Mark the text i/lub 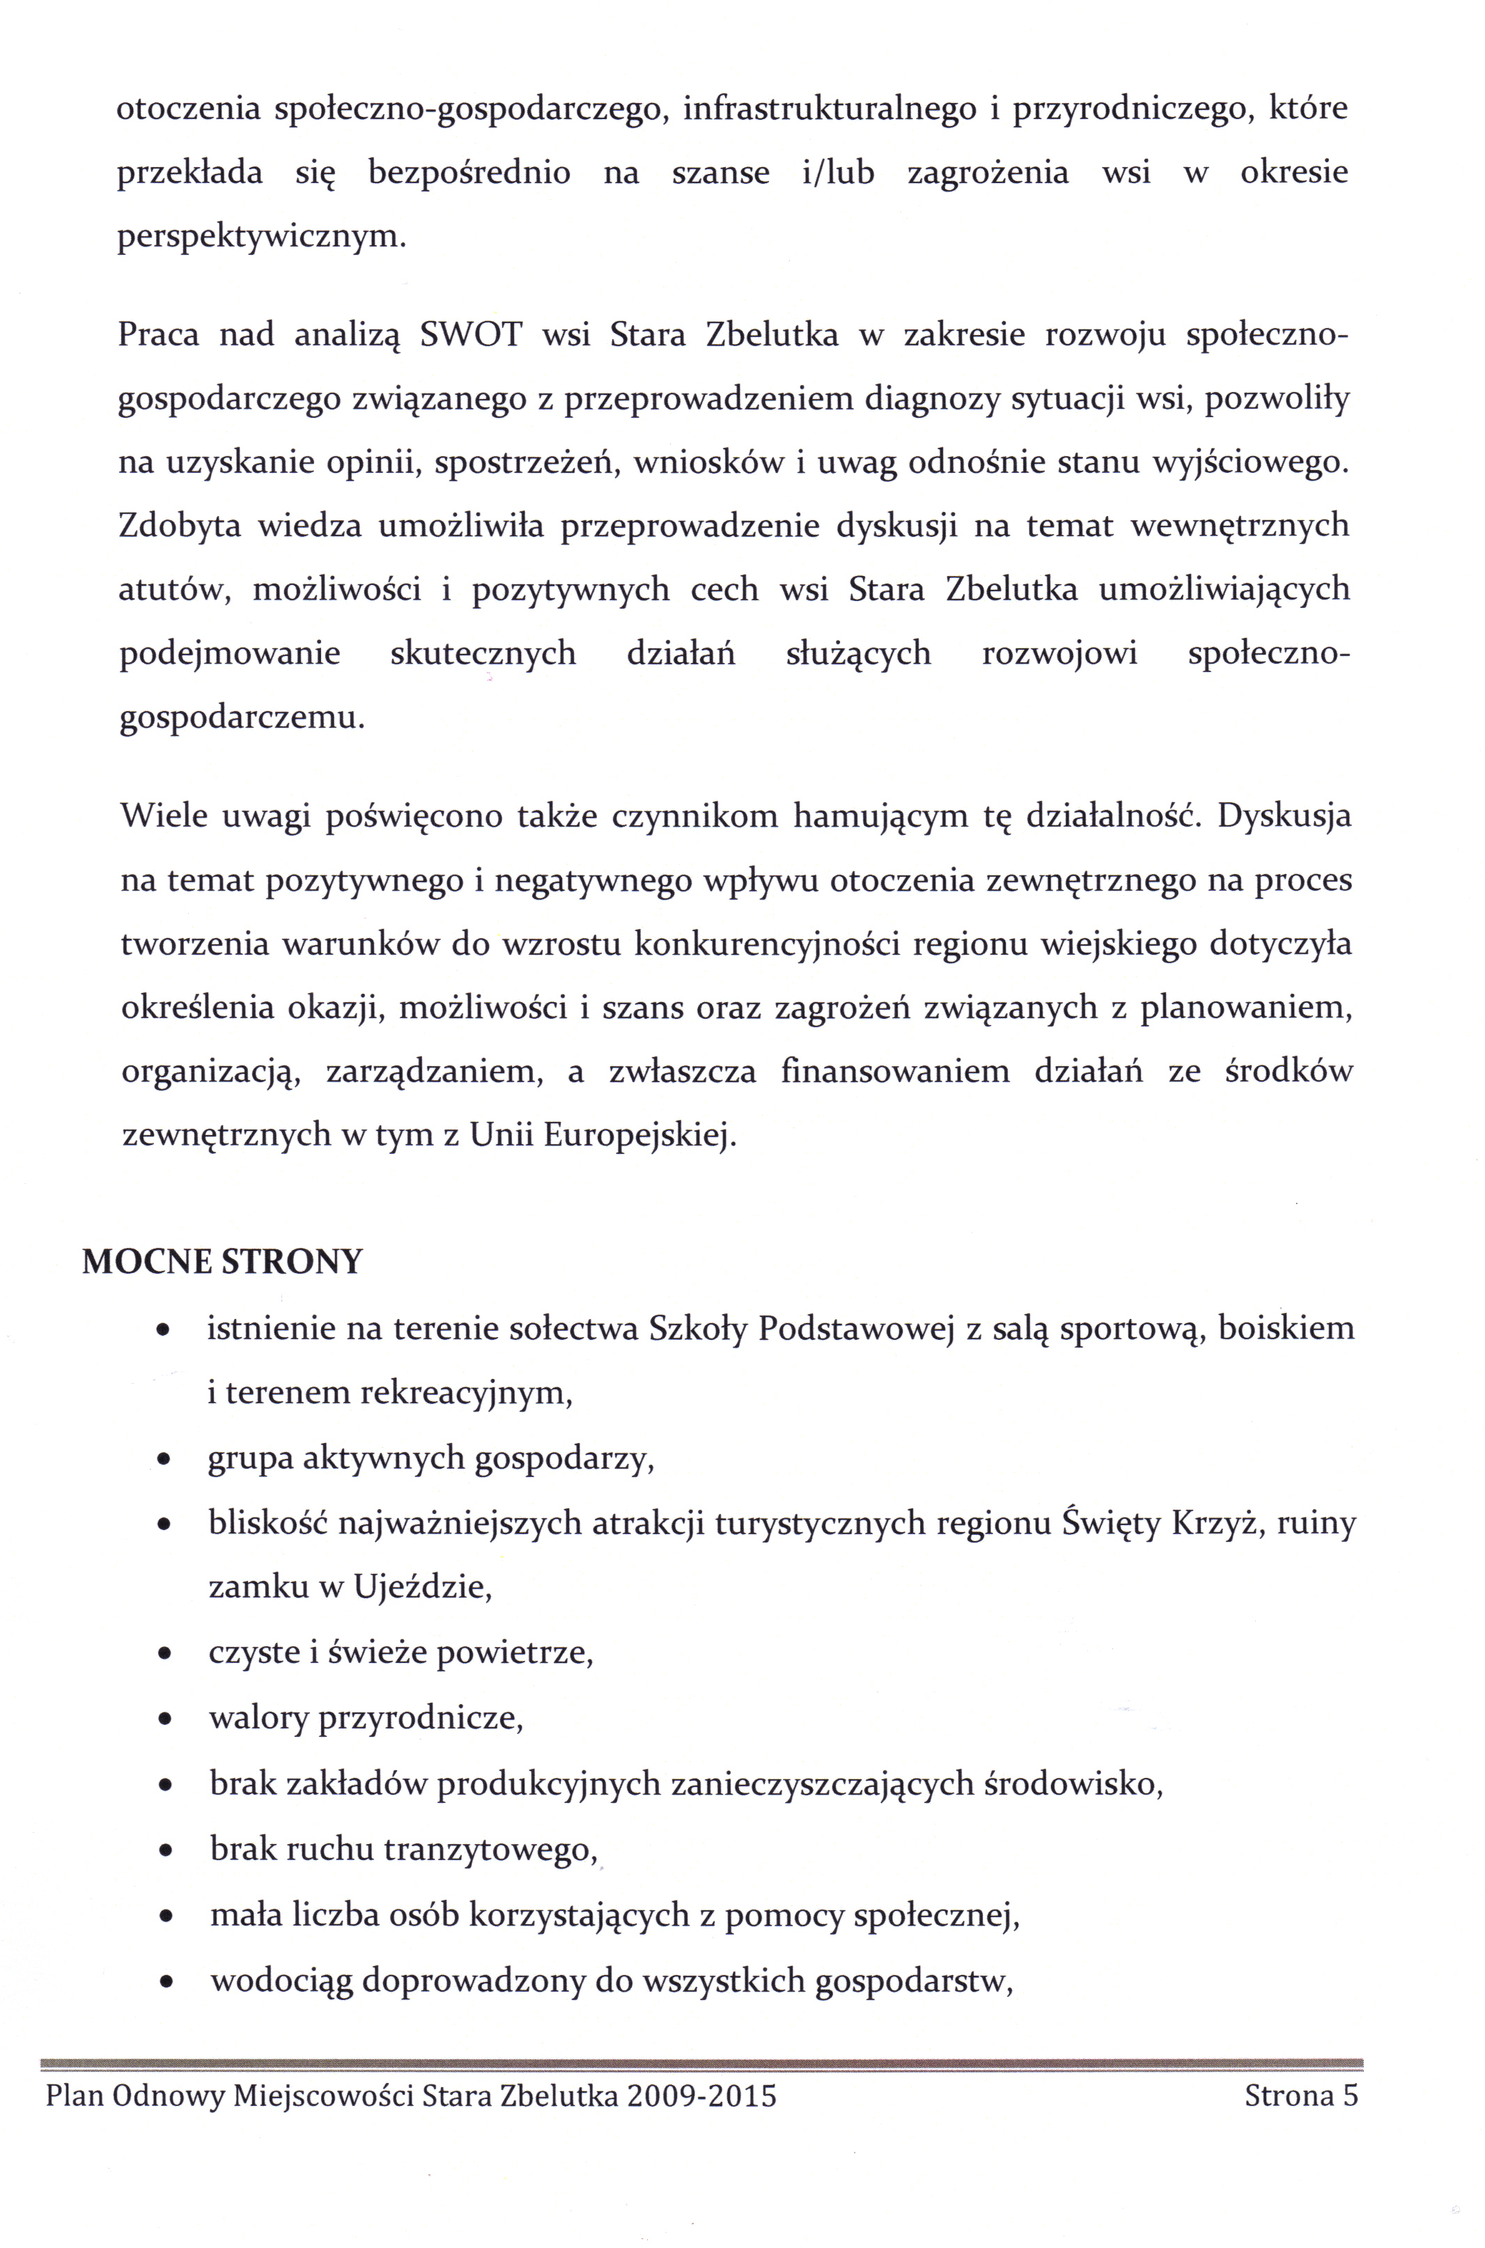coord(837,173)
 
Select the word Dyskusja coord(1284,816)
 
